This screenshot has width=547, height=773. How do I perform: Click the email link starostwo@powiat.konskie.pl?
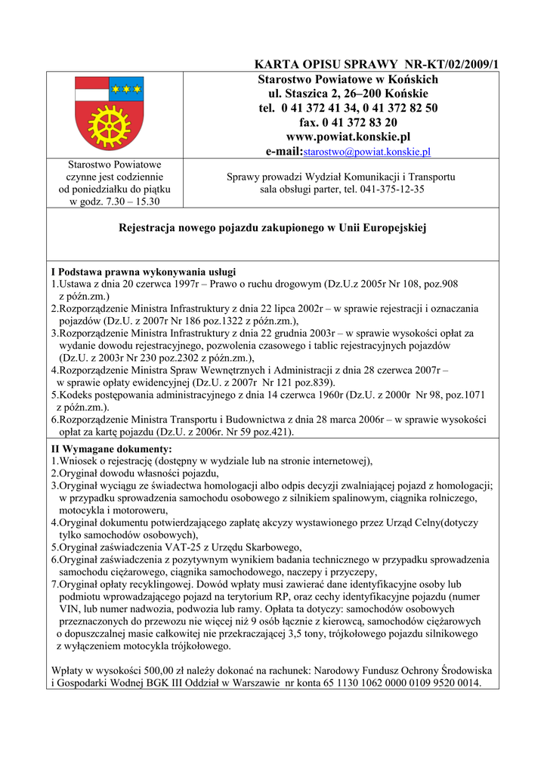click(366, 152)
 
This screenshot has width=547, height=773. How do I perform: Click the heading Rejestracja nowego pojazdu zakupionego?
click(273, 226)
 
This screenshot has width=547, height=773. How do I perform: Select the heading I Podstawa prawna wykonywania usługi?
click(144, 272)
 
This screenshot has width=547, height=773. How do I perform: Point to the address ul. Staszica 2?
click(306, 94)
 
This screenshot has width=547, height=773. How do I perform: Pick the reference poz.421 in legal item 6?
click(273, 432)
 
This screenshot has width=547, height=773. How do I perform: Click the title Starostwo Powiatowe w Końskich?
click(348, 79)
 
